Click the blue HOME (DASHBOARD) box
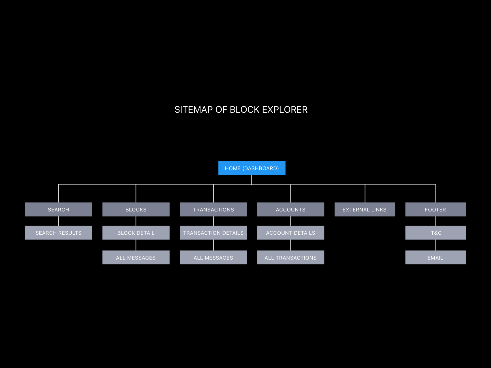point(252,168)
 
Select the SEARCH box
point(58,209)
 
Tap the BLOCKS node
point(136,209)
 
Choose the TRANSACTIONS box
point(213,209)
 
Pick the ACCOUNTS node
point(291,209)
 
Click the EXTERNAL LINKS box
point(365,209)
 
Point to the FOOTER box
point(436,209)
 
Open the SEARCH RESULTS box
point(58,233)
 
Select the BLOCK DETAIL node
point(136,233)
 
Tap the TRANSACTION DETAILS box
point(213,233)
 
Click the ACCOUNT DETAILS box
point(291,233)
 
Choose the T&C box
point(436,233)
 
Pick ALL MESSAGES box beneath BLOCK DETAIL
point(136,258)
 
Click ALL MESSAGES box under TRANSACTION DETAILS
point(213,258)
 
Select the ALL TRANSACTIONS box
point(291,258)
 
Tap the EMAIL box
point(436,258)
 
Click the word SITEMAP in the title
point(193,110)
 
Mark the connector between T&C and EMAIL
point(436,245)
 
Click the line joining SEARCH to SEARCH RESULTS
point(58,221)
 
